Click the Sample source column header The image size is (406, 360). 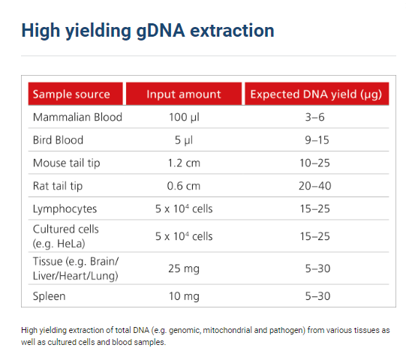pyautogui.click(x=71, y=94)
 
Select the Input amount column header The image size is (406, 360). pyautogui.click(x=184, y=94)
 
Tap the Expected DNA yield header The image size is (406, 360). pyautogui.click(x=316, y=94)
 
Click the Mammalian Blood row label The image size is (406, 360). pyautogui.click(x=77, y=117)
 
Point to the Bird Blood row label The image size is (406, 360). pyautogui.click(x=58, y=140)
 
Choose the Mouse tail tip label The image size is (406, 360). pyautogui.click(x=66, y=163)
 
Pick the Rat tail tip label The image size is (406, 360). pyautogui.click(x=58, y=186)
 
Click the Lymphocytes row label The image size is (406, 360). pyautogui.click(x=65, y=209)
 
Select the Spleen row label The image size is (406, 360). pyautogui.click(x=49, y=296)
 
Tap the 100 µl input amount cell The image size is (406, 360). pyautogui.click(x=184, y=118)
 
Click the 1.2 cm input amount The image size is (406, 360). pyautogui.click(x=184, y=163)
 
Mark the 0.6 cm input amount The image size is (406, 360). pyautogui.click(x=184, y=186)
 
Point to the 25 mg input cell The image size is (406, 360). pyautogui.click(x=184, y=268)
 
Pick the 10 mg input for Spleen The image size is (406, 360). pyautogui.click(x=184, y=296)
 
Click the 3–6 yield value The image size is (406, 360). pyautogui.click(x=315, y=117)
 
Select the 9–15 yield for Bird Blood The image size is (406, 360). pyautogui.click(x=317, y=140)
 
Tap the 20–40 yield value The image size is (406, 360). pyautogui.click(x=315, y=186)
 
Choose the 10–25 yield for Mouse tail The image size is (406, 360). pyautogui.click(x=315, y=163)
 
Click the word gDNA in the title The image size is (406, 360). pyautogui.click(x=161, y=31)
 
